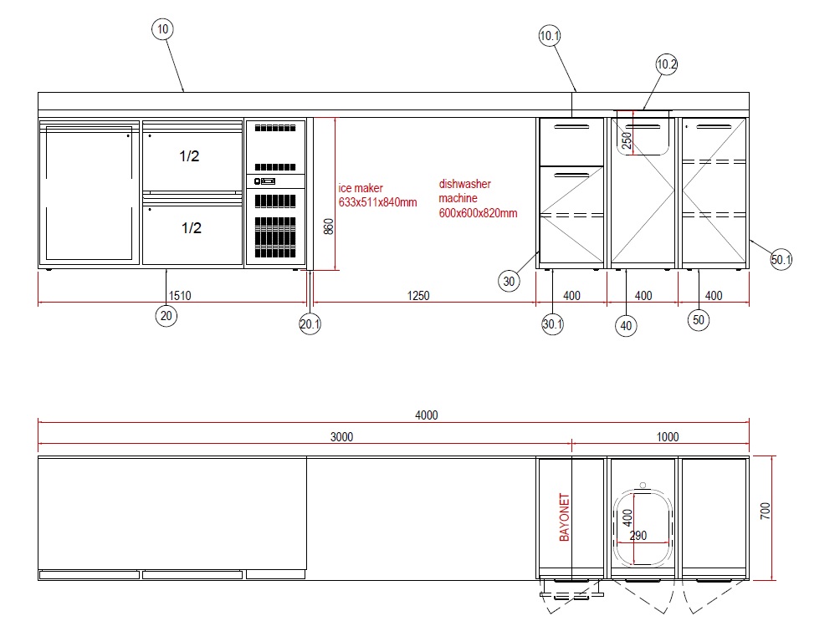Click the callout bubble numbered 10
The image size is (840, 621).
162,29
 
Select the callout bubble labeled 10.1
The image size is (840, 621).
550,35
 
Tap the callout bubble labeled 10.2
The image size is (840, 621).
667,64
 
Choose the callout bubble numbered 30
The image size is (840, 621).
509,282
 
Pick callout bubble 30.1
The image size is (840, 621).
553,324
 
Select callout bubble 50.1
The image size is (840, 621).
781,260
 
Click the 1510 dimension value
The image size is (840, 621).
179,296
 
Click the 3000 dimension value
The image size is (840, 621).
341,436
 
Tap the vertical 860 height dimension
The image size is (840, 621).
329,227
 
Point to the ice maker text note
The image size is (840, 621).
376,196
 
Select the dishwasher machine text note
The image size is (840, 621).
478,198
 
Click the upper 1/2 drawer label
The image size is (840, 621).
190,156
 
